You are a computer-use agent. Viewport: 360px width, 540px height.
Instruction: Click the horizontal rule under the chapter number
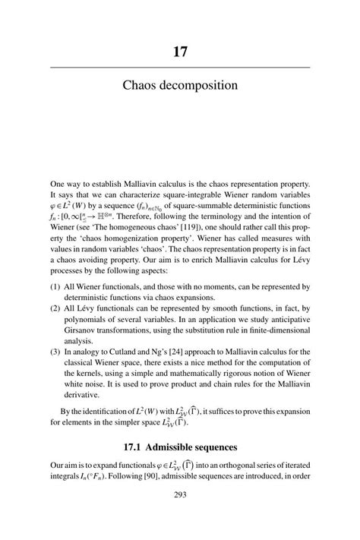click(180, 68)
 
